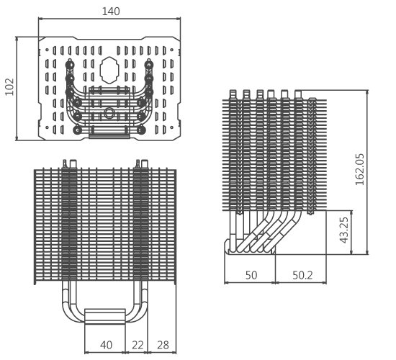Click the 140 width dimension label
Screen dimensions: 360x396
111,12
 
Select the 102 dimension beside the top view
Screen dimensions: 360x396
9,87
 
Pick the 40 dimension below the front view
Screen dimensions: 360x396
106,345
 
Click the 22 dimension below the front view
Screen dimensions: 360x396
138,345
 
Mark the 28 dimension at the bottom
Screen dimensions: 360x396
163,345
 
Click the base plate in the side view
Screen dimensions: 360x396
249,251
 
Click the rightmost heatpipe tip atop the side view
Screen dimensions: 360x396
297,93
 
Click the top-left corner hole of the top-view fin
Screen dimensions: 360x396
50,51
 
